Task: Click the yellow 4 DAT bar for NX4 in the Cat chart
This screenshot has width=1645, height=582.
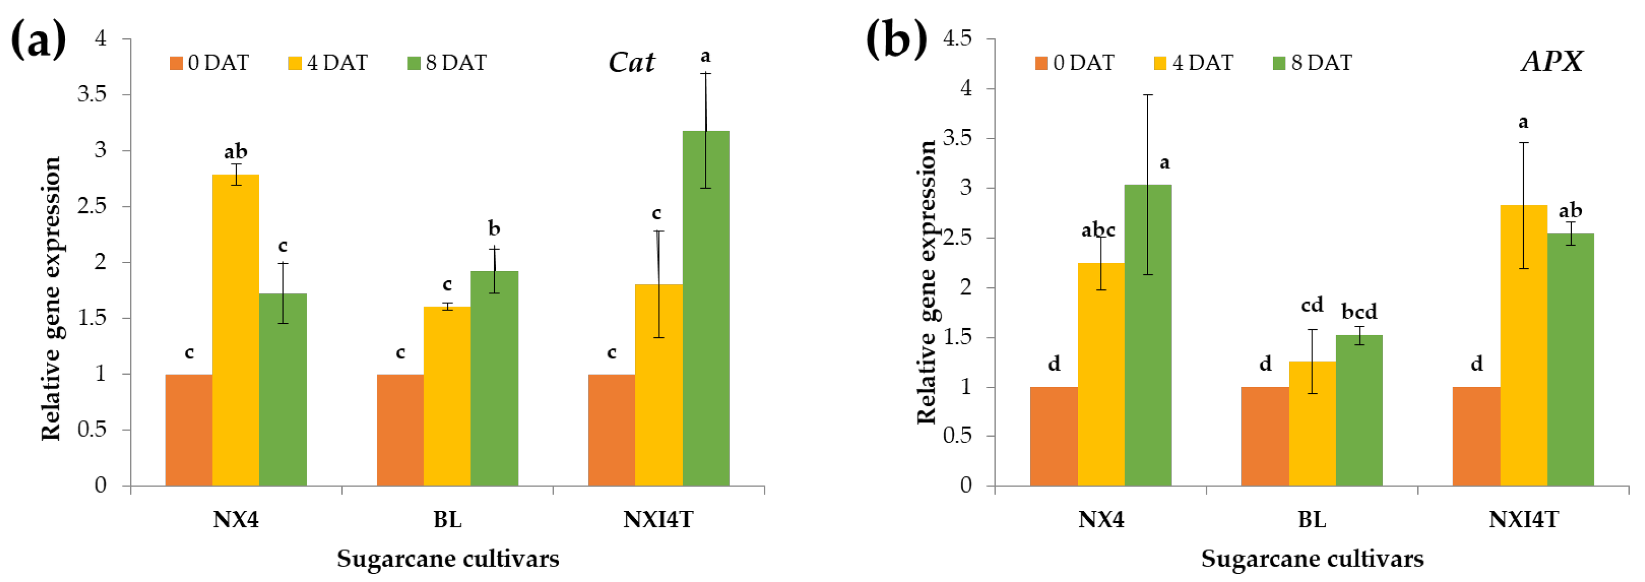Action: pyautogui.click(x=236, y=330)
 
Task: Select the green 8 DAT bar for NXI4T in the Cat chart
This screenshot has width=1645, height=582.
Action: pyautogui.click(x=706, y=308)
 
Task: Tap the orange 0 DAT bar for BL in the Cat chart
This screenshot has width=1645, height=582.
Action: pyautogui.click(x=400, y=430)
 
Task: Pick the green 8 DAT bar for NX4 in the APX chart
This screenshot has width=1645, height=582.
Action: pyautogui.click(x=1148, y=335)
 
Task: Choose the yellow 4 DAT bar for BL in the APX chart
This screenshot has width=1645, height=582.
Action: pyautogui.click(x=1312, y=424)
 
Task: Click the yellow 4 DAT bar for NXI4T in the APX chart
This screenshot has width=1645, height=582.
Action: pyautogui.click(x=1524, y=345)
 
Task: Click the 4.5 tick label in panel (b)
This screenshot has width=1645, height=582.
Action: pyautogui.click(x=957, y=38)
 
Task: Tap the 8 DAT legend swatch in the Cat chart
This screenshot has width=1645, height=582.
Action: pyautogui.click(x=414, y=63)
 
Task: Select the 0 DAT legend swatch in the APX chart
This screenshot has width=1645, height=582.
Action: pyautogui.click(x=1041, y=63)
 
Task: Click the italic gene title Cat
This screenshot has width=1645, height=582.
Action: pyautogui.click(x=631, y=62)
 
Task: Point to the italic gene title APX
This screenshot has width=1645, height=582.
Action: pyautogui.click(x=1552, y=61)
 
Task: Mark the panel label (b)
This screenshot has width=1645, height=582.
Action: pyautogui.click(x=896, y=39)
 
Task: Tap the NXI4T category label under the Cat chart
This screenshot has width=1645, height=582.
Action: pyautogui.click(x=658, y=519)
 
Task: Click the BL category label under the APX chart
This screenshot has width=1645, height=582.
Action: pyautogui.click(x=1312, y=519)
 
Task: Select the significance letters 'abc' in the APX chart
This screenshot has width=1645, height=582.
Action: pyautogui.click(x=1098, y=230)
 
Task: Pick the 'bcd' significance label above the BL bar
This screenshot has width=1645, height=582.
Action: pyautogui.click(x=1359, y=311)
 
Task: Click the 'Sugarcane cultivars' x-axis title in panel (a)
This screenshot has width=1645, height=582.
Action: pyautogui.click(x=448, y=558)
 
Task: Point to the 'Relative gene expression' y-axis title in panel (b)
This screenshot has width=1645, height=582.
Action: pyautogui.click(x=927, y=282)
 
